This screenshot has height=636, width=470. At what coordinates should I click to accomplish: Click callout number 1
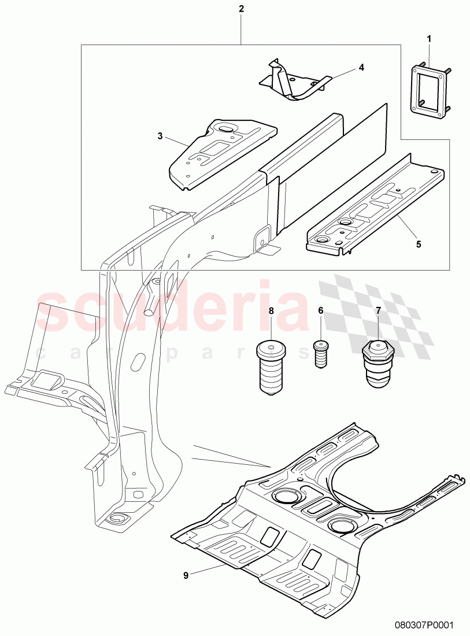click(x=429, y=39)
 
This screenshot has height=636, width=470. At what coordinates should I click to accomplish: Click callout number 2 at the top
click(x=241, y=9)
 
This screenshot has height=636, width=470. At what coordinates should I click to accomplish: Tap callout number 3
click(x=160, y=136)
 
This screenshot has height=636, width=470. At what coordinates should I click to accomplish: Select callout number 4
click(x=361, y=67)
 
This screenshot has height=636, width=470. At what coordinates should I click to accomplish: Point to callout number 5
click(x=418, y=244)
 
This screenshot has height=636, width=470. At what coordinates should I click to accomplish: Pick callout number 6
click(x=320, y=310)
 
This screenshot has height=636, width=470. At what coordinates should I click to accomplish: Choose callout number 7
click(x=379, y=310)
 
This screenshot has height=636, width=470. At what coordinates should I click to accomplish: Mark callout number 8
click(x=271, y=310)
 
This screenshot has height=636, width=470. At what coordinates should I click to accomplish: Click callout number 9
click(x=186, y=575)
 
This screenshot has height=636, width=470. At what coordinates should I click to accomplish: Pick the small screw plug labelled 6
click(x=320, y=353)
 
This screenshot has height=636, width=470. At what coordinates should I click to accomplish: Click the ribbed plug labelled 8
click(x=271, y=367)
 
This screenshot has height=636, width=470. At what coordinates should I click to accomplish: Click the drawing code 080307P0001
click(x=426, y=625)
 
